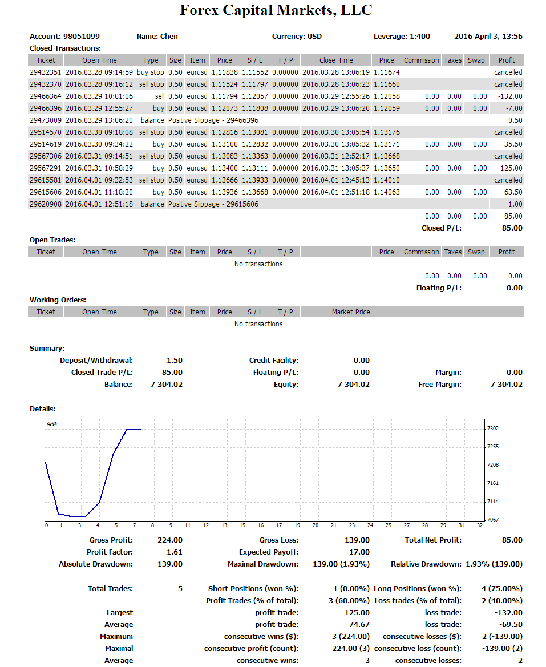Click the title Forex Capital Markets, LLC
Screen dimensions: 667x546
pyautogui.click(x=276, y=10)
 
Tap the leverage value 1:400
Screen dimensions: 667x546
pyautogui.click(x=420, y=37)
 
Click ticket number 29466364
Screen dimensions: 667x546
pyautogui.click(x=45, y=96)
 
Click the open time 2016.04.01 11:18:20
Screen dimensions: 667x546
pyautogui.click(x=99, y=192)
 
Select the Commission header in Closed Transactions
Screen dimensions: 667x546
pyautogui.click(x=421, y=60)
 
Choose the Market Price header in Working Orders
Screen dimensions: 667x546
pyautogui.click(x=351, y=312)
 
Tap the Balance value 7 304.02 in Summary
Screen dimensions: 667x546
pyautogui.click(x=167, y=385)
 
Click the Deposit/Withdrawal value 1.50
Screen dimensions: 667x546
pyautogui.click(x=175, y=361)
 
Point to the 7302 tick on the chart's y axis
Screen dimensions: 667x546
pyautogui.click(x=492, y=429)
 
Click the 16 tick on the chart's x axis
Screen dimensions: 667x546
pyautogui.click(x=261, y=525)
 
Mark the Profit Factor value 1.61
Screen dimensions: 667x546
pyautogui.click(x=175, y=552)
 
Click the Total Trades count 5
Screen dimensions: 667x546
pyautogui.click(x=180, y=589)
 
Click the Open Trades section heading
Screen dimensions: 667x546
pyautogui.click(x=52, y=240)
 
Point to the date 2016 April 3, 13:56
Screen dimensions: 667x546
pyautogui.click(x=488, y=37)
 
